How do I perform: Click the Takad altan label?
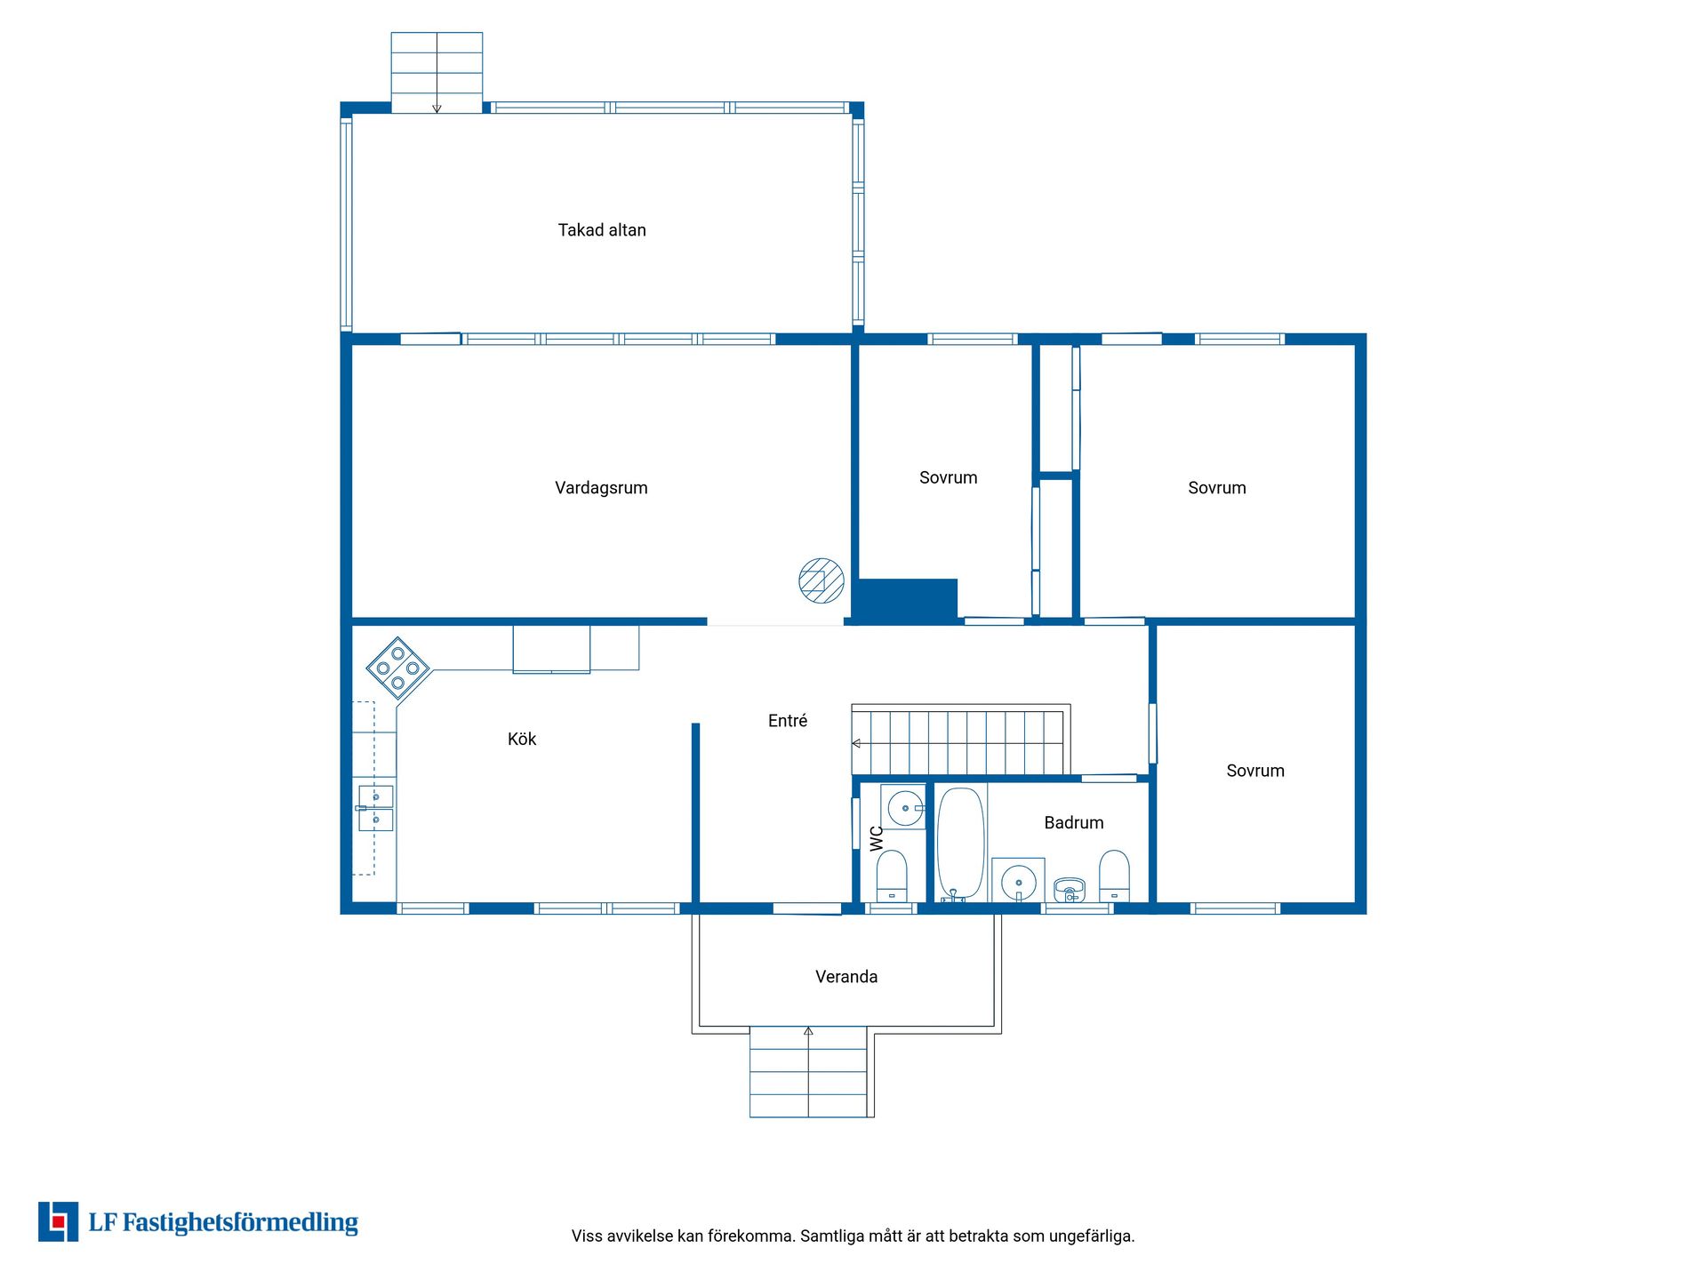click(602, 230)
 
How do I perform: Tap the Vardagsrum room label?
click(601, 488)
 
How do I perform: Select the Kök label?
click(522, 739)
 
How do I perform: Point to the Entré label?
click(788, 721)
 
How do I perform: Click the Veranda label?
click(846, 977)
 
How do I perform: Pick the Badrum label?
click(1074, 823)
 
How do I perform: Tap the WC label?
click(877, 838)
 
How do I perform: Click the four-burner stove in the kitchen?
click(397, 668)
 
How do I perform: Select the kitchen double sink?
click(375, 808)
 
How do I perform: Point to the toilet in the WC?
click(892, 876)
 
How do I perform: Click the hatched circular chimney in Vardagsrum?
click(821, 580)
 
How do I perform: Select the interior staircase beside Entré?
click(961, 740)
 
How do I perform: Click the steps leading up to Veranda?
click(808, 1072)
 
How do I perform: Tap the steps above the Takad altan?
click(437, 73)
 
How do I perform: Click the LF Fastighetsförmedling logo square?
click(58, 1221)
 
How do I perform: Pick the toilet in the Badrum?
click(1114, 876)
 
